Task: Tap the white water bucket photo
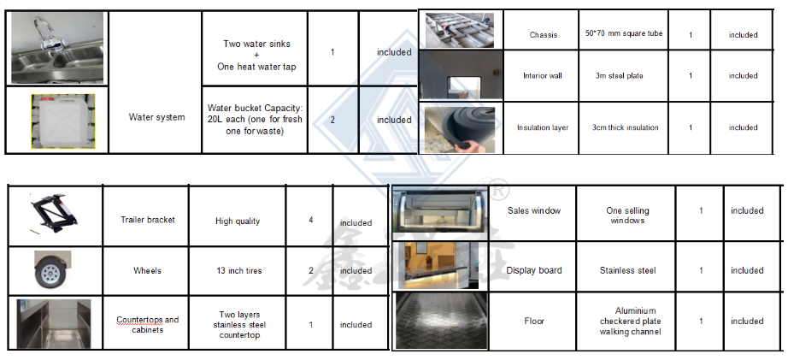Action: pyautogui.click(x=63, y=121)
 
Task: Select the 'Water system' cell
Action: pyautogui.click(x=156, y=117)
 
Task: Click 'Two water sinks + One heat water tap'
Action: pyautogui.click(x=256, y=55)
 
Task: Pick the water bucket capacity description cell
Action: pyautogui.click(x=255, y=120)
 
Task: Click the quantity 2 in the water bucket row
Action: pyautogui.click(x=332, y=120)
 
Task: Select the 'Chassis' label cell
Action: pyautogui.click(x=544, y=35)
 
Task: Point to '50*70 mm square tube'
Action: pyautogui.click(x=624, y=33)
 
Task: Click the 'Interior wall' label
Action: pyautogui.click(x=543, y=76)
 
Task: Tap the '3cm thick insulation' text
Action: pyautogui.click(x=625, y=127)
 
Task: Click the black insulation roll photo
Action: pyautogui.click(x=460, y=129)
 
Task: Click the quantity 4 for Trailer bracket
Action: pyautogui.click(x=311, y=220)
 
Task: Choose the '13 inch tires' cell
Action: pyautogui.click(x=238, y=270)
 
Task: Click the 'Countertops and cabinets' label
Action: pyautogui.click(x=147, y=325)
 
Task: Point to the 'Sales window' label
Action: pyautogui.click(x=533, y=210)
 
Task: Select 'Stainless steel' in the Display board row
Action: pyautogui.click(x=627, y=270)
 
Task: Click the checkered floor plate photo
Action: pyautogui.click(x=442, y=321)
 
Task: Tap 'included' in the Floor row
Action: pyautogui.click(x=747, y=321)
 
